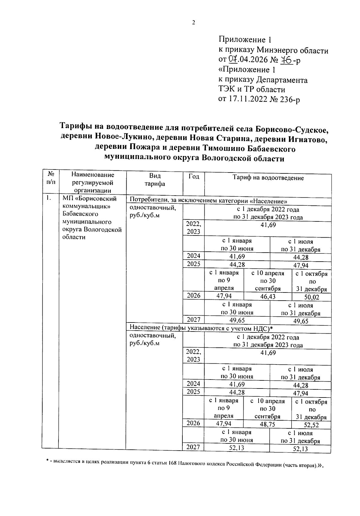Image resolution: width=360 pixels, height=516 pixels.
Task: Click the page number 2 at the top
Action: (x=193, y=23)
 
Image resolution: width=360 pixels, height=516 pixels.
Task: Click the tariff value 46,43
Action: (x=268, y=297)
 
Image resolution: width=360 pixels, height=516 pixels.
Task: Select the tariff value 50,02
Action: (x=312, y=297)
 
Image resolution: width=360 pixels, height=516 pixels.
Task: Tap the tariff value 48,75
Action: (x=267, y=424)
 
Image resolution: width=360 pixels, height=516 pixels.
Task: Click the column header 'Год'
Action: (x=193, y=176)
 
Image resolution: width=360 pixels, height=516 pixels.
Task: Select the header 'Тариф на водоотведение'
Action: (x=268, y=178)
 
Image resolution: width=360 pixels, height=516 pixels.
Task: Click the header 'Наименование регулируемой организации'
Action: (x=93, y=182)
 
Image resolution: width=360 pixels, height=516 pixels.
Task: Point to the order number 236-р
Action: (x=288, y=99)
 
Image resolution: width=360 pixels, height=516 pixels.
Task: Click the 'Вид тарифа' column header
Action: (x=154, y=180)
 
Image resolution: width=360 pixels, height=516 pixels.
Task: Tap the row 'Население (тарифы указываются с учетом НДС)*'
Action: (x=201, y=328)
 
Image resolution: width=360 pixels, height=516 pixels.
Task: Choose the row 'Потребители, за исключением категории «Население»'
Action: (x=209, y=200)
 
